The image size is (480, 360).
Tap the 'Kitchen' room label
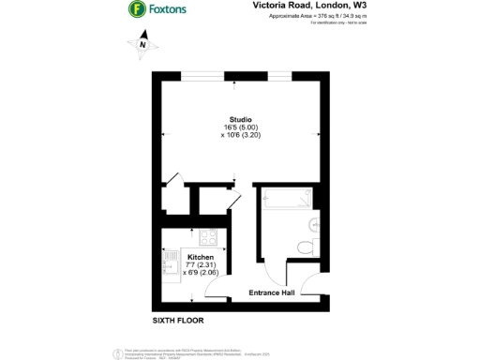pyautogui.click(x=201, y=257)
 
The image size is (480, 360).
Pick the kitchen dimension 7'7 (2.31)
pyautogui.click(x=201, y=265)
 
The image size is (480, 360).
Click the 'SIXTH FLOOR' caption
pyautogui.click(x=178, y=322)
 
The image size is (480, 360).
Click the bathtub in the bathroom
pyautogui.click(x=286, y=201)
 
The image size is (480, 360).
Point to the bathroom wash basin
pyautogui.click(x=316, y=225)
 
